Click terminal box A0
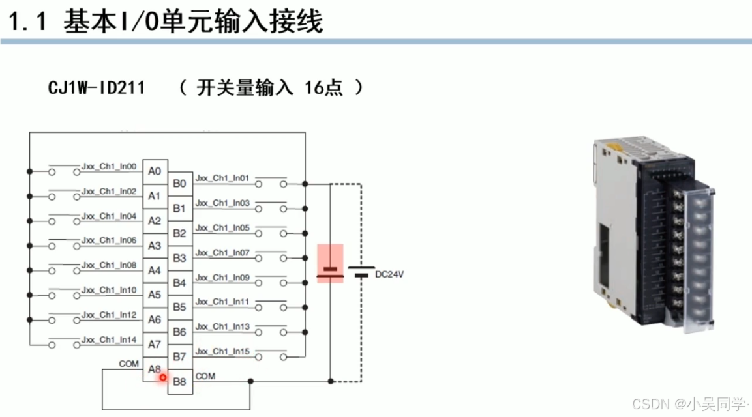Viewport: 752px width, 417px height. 155,171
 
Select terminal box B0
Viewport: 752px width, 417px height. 180,184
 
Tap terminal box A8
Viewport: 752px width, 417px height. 155,369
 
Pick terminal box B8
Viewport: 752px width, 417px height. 180,382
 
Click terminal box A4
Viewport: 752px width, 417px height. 155,270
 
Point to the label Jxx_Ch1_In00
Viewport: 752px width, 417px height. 109,167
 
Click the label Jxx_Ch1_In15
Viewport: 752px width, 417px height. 222,351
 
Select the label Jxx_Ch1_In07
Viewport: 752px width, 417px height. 222,252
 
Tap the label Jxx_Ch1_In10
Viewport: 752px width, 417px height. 109,290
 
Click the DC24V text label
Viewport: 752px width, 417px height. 389,274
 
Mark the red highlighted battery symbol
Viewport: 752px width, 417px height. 330,264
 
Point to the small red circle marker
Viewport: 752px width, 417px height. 162,377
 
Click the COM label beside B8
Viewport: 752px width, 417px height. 205,376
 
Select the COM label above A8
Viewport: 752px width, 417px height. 129,363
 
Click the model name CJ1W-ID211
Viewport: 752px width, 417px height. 97,88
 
